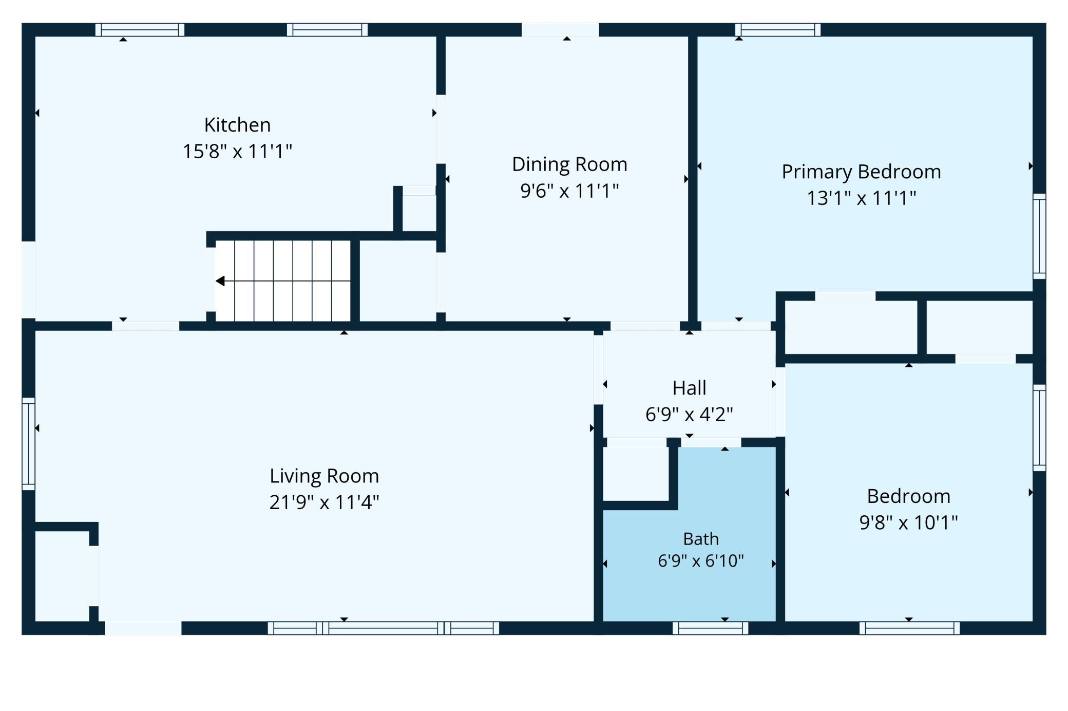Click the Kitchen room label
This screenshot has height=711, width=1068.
(237, 125)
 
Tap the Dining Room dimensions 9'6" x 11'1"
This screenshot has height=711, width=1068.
(569, 191)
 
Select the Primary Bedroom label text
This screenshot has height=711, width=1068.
(861, 172)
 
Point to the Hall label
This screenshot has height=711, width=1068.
(689, 388)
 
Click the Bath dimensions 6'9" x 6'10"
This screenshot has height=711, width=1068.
(701, 560)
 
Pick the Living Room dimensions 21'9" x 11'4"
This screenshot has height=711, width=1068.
(324, 502)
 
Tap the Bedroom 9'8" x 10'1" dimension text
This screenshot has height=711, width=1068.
(908, 522)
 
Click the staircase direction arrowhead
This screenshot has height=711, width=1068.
(220, 281)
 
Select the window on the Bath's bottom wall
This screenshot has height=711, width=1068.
(710, 628)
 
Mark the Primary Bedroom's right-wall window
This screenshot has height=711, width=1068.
(1039, 236)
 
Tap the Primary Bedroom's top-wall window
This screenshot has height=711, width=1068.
(778, 30)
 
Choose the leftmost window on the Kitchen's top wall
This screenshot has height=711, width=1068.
(140, 30)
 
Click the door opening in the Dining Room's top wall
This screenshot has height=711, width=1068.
(560, 30)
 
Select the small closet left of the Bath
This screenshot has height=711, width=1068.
(636, 474)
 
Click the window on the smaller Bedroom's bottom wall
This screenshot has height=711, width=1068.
(909, 628)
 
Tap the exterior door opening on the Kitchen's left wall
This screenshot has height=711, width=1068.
(28, 280)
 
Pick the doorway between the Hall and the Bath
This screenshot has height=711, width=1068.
(711, 442)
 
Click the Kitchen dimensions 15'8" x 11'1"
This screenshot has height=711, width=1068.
(237, 152)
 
